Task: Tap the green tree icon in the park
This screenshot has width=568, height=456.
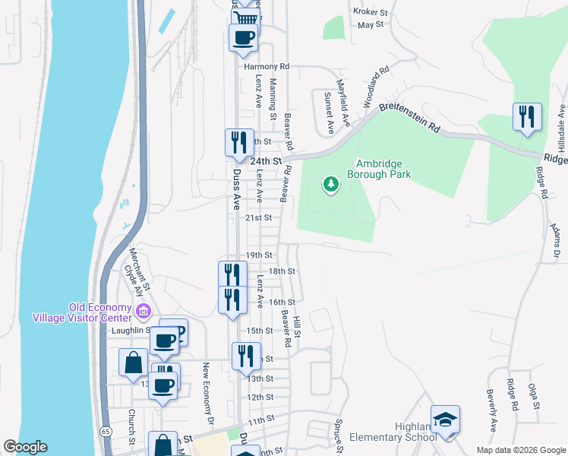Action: pyautogui.click(x=330, y=184)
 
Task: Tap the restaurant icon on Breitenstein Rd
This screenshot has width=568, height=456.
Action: pyautogui.click(x=527, y=117)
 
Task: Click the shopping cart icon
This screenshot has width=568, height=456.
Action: pyautogui.click(x=245, y=17)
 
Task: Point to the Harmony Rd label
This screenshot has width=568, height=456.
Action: pyautogui.click(x=267, y=67)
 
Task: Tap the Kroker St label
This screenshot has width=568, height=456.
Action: pyautogui.click(x=371, y=11)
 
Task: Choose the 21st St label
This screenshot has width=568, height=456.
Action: pyautogui.click(x=258, y=217)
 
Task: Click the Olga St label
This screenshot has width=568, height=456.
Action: pyautogui.click(x=535, y=397)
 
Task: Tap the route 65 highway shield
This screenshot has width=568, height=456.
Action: pyautogui.click(x=104, y=431)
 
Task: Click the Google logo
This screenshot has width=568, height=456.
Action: pyautogui.click(x=26, y=447)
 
